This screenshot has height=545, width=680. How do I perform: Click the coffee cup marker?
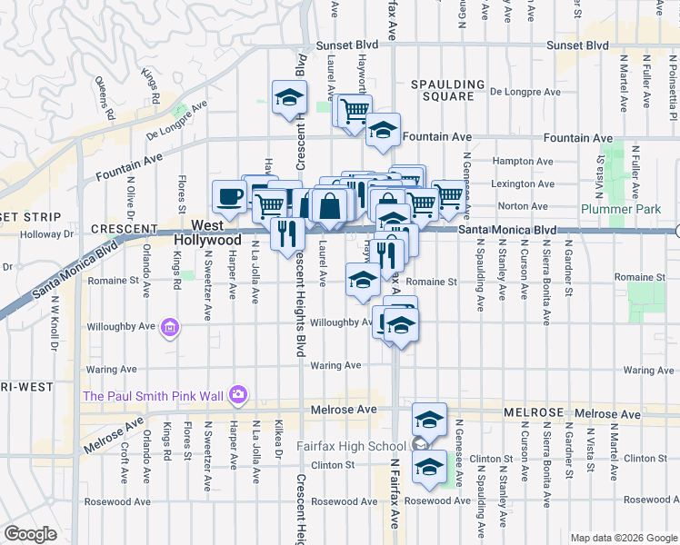pos(229,195)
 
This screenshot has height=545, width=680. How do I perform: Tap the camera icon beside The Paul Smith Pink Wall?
pos(238,394)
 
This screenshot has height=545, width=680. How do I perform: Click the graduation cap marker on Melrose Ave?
pos(429,420)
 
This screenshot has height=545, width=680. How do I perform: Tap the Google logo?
pos(30,533)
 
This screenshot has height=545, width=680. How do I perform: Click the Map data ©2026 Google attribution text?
pos(623,537)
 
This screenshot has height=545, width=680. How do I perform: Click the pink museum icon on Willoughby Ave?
pos(168,327)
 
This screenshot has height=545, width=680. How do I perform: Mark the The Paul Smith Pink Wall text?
pos(154,396)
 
